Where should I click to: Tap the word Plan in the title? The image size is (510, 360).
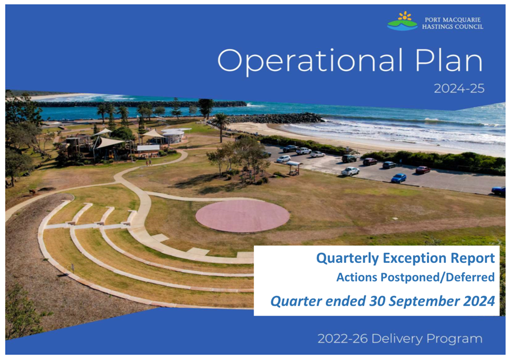tap(449, 60)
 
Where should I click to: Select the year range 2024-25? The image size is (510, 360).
tap(459, 88)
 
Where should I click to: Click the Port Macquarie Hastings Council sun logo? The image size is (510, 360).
tap(402, 21)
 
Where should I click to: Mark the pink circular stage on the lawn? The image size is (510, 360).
tap(242, 216)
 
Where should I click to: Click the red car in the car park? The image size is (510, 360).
tap(423, 170)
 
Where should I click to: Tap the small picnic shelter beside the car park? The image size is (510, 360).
tap(293, 167)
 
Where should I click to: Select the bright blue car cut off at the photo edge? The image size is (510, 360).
tap(499, 190)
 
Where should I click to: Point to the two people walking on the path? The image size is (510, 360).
tap(149, 162)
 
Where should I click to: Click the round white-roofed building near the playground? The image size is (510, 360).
tap(174, 135)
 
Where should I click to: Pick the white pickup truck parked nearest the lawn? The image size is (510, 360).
tap(350, 171)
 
